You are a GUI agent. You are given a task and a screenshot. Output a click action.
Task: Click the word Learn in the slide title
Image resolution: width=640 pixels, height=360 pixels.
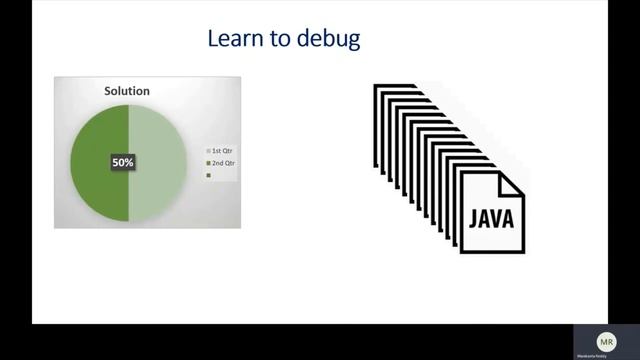pos(229,40)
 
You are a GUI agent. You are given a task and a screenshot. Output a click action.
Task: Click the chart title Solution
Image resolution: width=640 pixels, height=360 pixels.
pos(127,91)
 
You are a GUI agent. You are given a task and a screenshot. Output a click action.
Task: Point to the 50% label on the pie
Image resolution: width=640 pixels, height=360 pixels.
pos(122,160)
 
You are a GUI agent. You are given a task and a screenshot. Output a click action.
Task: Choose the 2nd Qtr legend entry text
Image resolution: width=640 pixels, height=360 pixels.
pos(222,162)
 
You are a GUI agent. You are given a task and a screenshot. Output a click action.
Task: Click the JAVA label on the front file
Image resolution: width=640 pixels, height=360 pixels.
pos(491,218)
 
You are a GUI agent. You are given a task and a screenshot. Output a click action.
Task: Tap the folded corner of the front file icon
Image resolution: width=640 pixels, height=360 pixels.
pos(511,181)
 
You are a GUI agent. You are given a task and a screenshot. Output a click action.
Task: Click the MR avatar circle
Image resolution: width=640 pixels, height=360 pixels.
pos(606,340)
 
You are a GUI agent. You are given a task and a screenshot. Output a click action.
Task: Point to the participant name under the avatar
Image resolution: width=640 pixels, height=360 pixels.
pos(606,355)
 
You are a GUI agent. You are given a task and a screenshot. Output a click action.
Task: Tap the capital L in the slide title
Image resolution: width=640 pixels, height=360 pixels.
pos(212,40)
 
